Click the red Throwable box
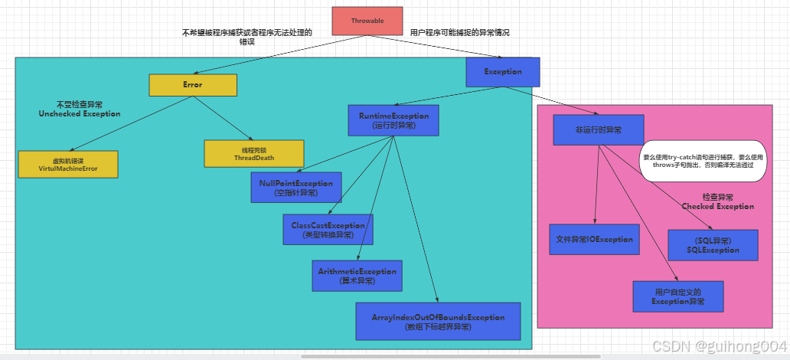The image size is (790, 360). pos(367,21)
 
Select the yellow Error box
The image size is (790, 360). pos(193,85)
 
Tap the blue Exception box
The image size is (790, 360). pos(503,72)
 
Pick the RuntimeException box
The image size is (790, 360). pos(394,120)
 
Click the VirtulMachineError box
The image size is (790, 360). pos(68,165)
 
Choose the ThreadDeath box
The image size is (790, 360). pos(254,153)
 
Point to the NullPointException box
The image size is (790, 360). pos(296,188)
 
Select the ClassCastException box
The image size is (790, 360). pos(328,230)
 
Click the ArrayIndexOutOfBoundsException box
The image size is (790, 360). pos(438,322)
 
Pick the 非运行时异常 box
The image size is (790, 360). pos(598,129)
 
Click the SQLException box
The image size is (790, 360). pos(713,245)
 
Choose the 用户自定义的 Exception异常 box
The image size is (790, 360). pos(678,296)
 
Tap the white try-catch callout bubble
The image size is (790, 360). pos(702,161)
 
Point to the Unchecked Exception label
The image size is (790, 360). pos(80,109)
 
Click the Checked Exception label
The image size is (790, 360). pos(717,201)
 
